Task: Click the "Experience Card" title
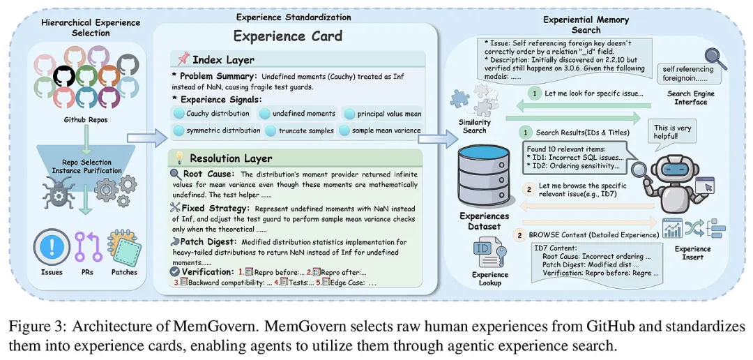coord(287,36)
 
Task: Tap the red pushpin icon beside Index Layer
coord(183,59)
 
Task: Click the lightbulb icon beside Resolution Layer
coord(179,158)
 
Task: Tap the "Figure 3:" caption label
coord(32,326)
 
